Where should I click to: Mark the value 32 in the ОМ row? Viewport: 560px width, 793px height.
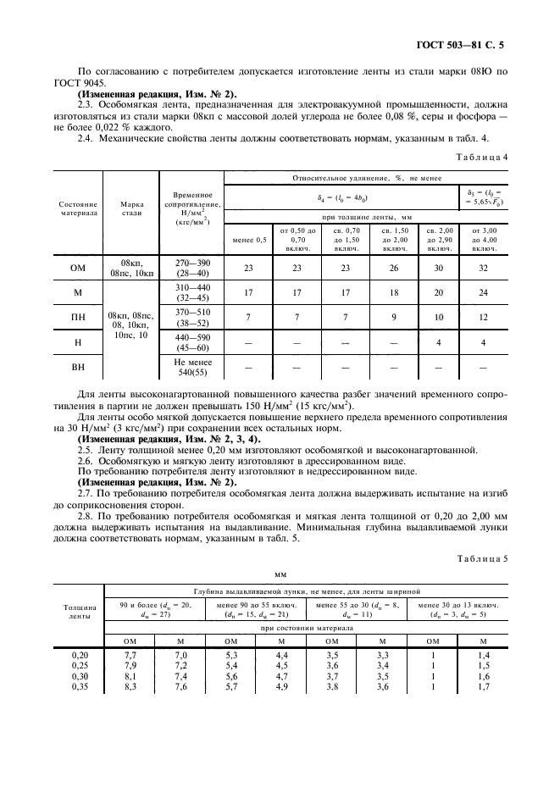point(483,269)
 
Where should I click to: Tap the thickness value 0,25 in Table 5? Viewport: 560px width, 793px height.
point(78,665)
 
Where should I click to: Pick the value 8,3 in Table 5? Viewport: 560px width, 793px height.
point(130,687)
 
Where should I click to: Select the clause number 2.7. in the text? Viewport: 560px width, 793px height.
point(87,492)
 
